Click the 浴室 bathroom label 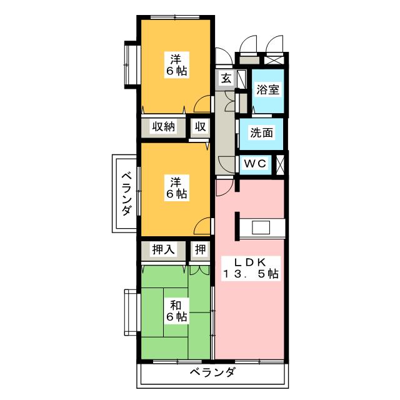point(267,89)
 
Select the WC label point(256,163)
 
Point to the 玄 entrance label point(224,79)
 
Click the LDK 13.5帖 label point(252,267)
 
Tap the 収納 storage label point(164,127)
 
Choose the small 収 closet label point(199,127)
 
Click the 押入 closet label point(164,249)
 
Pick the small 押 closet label point(199,249)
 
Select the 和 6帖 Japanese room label point(176,311)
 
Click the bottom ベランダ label point(212,373)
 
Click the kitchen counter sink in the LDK point(261,227)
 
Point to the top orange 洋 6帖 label point(176,64)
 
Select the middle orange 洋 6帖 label point(176,187)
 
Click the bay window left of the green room point(131,312)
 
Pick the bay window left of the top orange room point(131,64)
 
